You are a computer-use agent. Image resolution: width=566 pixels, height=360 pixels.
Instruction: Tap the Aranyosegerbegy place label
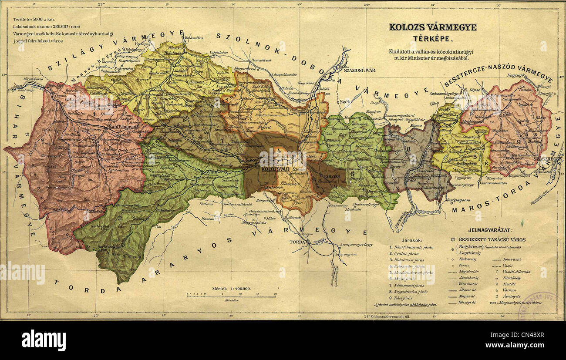point(354,245)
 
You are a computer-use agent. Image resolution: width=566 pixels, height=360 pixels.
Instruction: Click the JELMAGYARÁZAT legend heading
point(490,229)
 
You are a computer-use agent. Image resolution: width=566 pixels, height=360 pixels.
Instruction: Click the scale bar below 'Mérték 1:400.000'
point(236,296)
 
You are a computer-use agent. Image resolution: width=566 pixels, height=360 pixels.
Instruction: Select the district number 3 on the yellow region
point(155,99)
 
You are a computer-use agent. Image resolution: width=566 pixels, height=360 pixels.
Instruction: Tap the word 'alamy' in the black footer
point(44,340)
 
